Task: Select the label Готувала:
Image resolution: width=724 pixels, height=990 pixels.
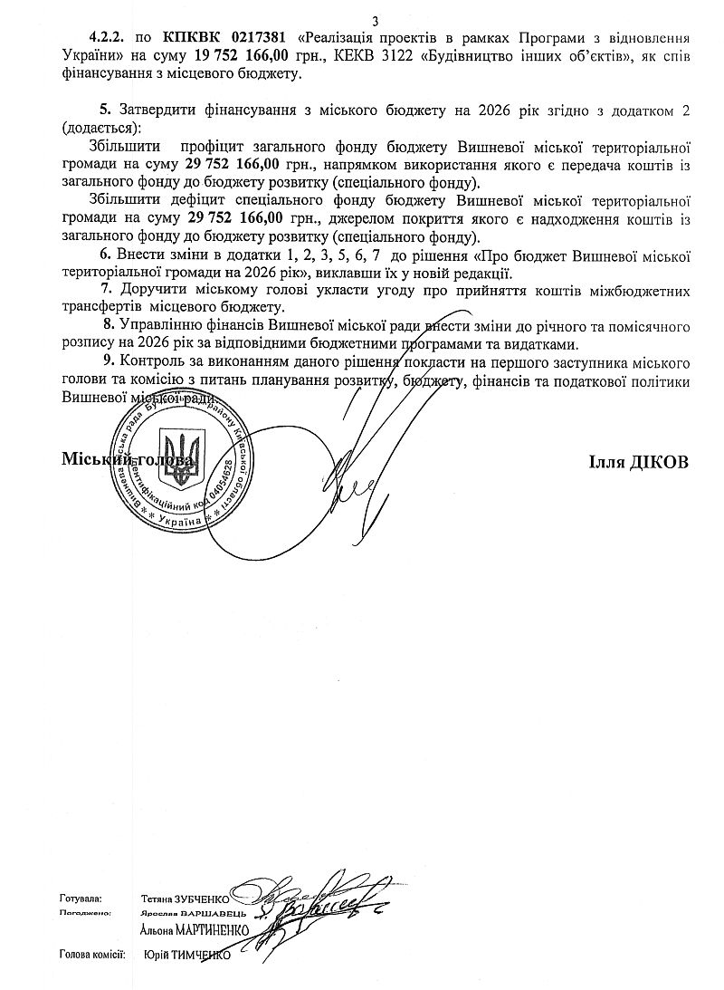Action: [80, 898]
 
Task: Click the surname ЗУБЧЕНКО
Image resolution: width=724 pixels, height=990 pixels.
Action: [198, 899]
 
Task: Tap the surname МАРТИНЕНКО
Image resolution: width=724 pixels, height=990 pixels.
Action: [214, 929]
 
